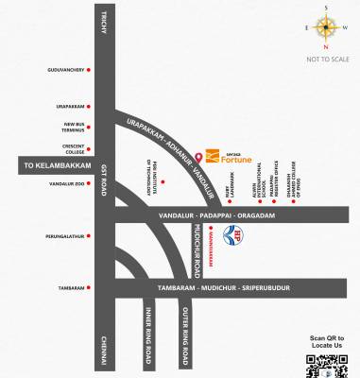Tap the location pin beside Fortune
click(x=203, y=154)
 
